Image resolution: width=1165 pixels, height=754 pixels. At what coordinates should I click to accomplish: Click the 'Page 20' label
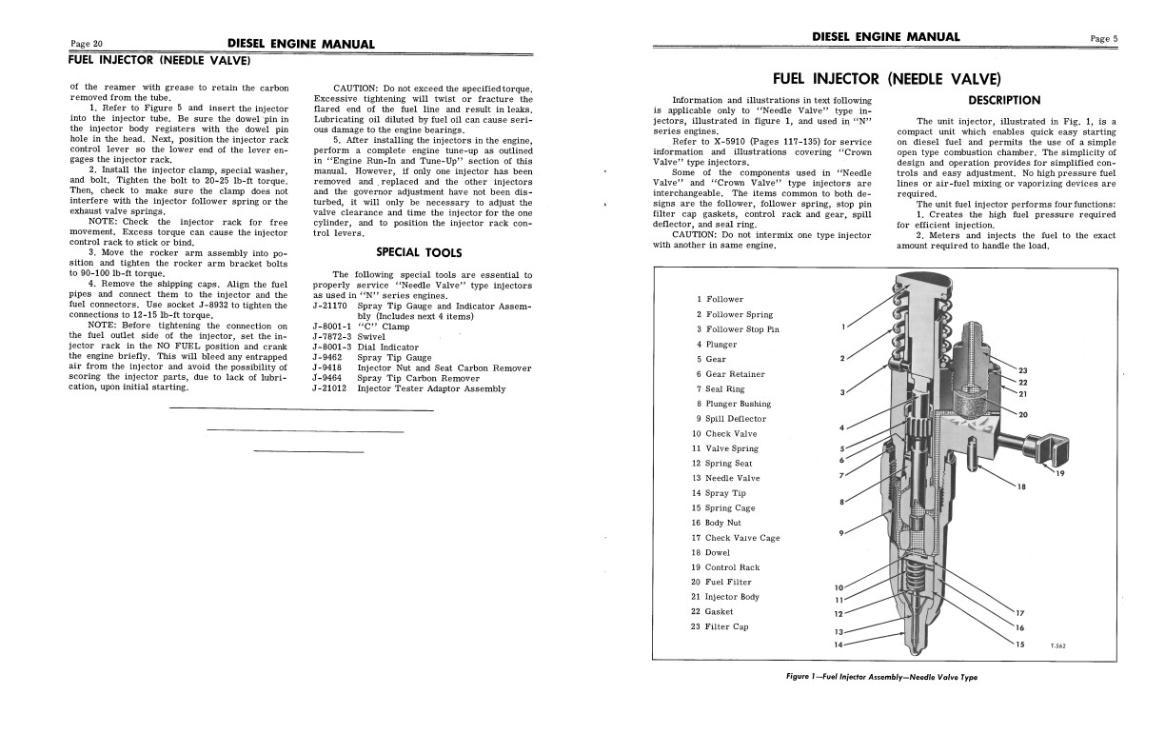(x=87, y=44)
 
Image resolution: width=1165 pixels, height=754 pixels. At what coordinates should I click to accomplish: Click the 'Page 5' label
(x=1104, y=38)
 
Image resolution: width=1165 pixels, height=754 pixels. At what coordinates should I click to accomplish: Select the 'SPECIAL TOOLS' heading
(x=419, y=253)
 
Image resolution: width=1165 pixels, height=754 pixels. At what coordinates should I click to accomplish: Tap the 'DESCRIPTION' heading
(x=1004, y=100)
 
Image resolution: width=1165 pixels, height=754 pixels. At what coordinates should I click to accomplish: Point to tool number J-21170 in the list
(x=331, y=306)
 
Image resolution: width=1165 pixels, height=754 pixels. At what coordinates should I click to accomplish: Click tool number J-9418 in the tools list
(x=327, y=367)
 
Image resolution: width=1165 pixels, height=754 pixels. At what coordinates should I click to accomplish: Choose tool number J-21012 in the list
(x=331, y=388)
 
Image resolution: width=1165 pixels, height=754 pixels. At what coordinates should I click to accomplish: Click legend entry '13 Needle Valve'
(x=727, y=478)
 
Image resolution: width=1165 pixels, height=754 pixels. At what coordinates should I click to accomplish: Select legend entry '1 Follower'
(x=720, y=299)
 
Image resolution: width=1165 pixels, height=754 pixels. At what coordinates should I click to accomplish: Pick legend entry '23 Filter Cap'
(x=720, y=626)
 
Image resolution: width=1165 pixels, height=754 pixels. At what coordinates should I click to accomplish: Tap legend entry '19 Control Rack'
(x=725, y=567)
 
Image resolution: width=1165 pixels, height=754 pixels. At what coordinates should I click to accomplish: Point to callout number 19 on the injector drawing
(x=1059, y=474)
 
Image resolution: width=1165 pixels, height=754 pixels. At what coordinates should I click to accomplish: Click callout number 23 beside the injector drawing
(x=1023, y=370)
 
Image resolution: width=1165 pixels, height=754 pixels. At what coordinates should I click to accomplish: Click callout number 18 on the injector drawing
(x=1021, y=487)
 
